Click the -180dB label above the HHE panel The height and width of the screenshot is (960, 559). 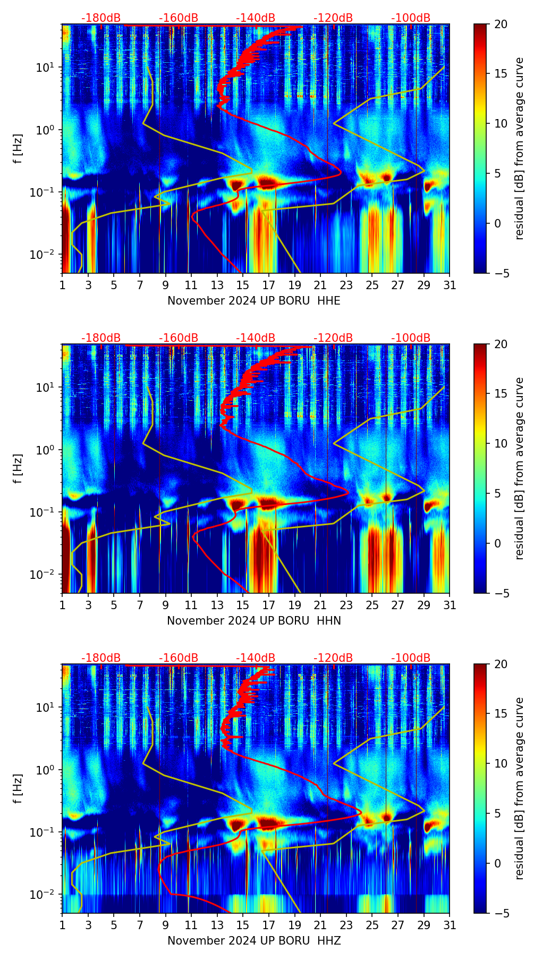[x=101, y=18]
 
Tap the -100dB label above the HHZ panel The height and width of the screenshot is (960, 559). [x=411, y=658]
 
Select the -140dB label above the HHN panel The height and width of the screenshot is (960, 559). [x=256, y=338]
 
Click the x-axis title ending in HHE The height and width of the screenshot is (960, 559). [x=254, y=301]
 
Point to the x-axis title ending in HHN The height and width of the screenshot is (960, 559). [x=254, y=621]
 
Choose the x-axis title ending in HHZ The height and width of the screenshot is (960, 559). [x=254, y=941]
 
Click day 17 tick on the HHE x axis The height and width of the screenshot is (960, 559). [x=269, y=285]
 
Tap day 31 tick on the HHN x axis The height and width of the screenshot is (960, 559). [x=450, y=605]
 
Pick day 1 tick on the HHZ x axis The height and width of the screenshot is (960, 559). [x=63, y=925]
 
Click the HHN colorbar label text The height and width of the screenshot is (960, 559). [x=519, y=468]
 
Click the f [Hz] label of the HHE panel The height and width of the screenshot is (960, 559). [x=18, y=148]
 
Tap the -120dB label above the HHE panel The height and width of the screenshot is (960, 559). [x=333, y=18]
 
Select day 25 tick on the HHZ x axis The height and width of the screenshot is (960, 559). [x=372, y=925]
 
